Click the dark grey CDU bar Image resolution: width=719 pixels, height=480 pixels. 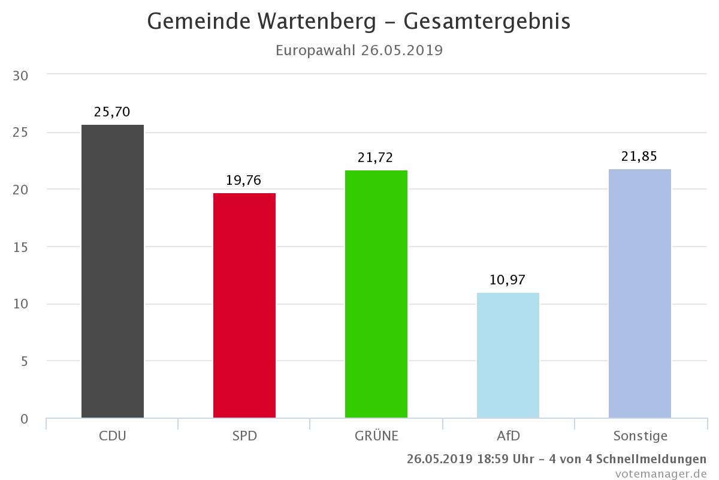click(x=113, y=271)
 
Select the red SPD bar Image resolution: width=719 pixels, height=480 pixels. click(x=244, y=305)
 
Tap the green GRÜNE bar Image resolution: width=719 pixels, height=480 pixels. click(x=376, y=294)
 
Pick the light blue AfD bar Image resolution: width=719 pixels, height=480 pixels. click(x=508, y=355)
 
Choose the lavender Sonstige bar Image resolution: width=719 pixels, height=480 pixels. click(x=640, y=293)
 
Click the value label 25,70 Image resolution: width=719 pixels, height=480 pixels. click(x=112, y=112)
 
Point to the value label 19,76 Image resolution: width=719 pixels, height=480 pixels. click(x=244, y=181)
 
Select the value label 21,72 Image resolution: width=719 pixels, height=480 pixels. click(x=375, y=158)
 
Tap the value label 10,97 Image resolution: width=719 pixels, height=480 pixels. click(x=507, y=280)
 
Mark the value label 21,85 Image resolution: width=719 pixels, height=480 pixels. click(x=639, y=157)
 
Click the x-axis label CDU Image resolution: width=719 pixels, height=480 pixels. click(x=113, y=436)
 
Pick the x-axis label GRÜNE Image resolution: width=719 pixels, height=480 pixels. click(x=376, y=436)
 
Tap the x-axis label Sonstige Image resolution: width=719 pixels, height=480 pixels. click(x=641, y=437)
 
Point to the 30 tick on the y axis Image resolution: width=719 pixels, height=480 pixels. click(x=20, y=76)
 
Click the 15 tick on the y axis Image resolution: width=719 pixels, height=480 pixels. click(x=20, y=248)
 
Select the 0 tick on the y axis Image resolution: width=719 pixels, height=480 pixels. click(x=25, y=419)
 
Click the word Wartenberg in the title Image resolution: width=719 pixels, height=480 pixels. click(x=316, y=22)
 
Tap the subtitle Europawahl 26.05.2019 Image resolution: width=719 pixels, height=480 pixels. click(x=359, y=51)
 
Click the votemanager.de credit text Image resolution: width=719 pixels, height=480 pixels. click(x=661, y=474)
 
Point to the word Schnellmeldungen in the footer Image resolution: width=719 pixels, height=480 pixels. click(x=651, y=459)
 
